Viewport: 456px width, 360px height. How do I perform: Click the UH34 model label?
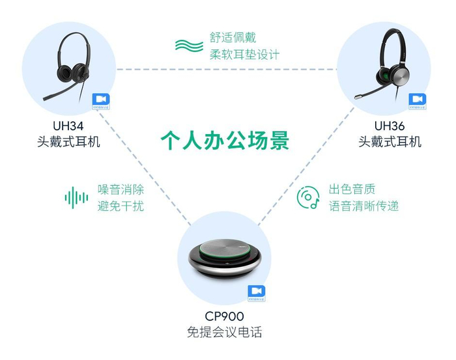(68, 125)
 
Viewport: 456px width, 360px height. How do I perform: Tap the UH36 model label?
(390, 125)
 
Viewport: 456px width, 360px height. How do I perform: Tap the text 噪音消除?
(121, 189)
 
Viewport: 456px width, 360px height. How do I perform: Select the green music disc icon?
(308, 197)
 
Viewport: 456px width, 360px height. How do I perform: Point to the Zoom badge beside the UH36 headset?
(418, 100)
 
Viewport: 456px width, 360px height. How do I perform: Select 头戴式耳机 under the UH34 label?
(68, 141)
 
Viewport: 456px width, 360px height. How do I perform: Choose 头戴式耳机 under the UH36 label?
(390, 141)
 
